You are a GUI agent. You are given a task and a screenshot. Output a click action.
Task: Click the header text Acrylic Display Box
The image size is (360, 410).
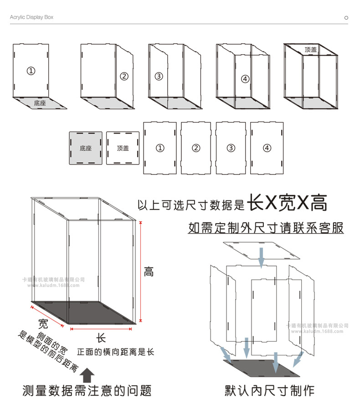pos(31,17)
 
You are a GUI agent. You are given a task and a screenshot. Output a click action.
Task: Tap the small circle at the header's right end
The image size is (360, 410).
pos(346,18)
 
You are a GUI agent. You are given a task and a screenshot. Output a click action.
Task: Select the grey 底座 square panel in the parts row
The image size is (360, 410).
pos(85,148)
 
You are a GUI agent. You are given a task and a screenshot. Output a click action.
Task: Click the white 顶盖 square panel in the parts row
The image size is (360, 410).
pos(123,148)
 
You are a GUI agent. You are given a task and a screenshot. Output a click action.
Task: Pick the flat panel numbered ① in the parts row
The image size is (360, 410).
pos(159,148)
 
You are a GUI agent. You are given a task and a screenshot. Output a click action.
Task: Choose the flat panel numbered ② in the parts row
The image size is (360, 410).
pos(196,148)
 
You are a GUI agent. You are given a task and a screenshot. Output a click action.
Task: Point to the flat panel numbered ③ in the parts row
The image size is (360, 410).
pos(231,148)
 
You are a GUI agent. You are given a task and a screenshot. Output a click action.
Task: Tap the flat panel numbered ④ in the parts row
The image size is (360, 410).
pos(267,148)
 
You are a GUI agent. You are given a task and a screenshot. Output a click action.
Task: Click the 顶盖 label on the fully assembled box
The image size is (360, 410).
pos(311,50)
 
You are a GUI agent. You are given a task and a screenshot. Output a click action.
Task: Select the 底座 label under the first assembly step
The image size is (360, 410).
pos(40,103)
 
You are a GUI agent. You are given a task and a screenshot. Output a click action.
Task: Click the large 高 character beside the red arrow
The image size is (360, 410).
pos(149,272)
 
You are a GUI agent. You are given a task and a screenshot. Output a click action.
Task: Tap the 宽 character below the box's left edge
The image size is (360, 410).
pos(43,324)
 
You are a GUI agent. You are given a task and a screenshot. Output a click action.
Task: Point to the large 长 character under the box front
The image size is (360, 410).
pos(101,338)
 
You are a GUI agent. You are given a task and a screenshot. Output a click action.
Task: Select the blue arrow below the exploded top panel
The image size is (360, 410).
pos(261,257)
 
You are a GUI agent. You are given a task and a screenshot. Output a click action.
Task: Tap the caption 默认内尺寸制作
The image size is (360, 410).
pos(269,390)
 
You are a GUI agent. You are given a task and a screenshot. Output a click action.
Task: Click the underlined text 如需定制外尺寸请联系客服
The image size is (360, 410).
pos(266,227)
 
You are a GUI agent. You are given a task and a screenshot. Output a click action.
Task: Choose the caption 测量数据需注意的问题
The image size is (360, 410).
pos(87,390)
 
